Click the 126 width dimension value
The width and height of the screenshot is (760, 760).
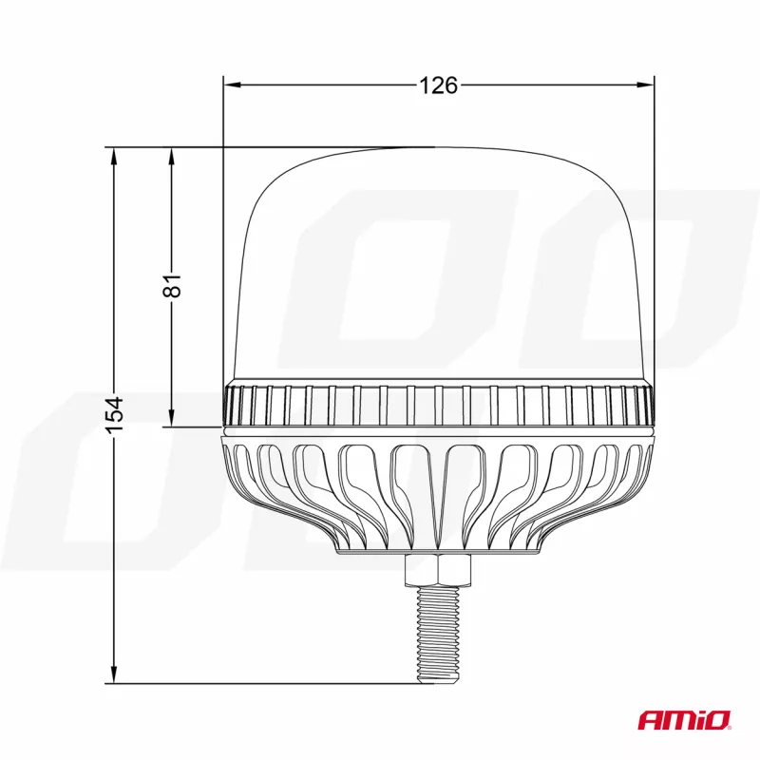point(438,85)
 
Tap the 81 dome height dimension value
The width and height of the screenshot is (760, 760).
point(173,286)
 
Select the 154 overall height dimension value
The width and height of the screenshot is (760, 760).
point(115,415)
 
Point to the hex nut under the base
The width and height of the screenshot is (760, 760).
point(438,569)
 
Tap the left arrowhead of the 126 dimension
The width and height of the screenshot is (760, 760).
point(232,85)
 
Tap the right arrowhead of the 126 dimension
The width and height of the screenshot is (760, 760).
point(645,85)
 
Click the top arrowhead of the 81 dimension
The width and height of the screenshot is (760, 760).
point(171,156)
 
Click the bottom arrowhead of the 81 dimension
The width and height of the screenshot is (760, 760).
point(171,418)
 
